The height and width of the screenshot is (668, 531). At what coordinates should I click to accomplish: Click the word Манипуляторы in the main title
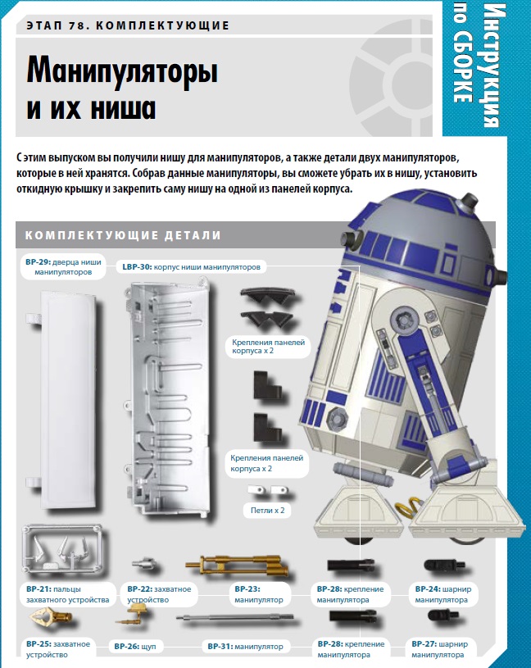[x=122, y=70]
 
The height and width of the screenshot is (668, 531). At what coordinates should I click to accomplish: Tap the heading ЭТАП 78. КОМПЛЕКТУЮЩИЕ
[x=128, y=25]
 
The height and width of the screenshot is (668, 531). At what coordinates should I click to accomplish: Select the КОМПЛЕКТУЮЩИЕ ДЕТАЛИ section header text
[x=123, y=235]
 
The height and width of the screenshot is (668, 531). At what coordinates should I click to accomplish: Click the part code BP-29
[x=38, y=262]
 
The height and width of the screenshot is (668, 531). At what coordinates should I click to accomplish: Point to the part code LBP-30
[x=137, y=267]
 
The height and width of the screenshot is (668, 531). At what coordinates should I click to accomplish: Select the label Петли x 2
[x=267, y=510]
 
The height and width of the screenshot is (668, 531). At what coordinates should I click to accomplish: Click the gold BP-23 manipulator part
[x=237, y=565]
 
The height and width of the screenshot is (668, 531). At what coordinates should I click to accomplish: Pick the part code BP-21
[x=39, y=589]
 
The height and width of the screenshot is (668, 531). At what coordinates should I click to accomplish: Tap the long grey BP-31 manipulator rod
[x=235, y=617]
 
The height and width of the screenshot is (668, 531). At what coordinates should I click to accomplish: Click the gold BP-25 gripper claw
[x=50, y=617]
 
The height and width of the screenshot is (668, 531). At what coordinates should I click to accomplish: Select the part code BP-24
[x=428, y=589]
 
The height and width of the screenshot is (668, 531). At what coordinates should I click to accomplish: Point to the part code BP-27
[x=424, y=644]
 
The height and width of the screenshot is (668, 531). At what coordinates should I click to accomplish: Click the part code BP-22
[x=139, y=589]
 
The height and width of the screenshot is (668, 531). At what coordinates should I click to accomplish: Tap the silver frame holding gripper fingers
[x=62, y=549]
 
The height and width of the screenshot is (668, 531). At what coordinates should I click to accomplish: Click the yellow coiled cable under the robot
[x=406, y=508]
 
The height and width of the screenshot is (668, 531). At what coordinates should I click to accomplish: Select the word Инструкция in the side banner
[x=494, y=66]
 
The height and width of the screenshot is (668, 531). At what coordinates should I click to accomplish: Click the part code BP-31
[x=220, y=646]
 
